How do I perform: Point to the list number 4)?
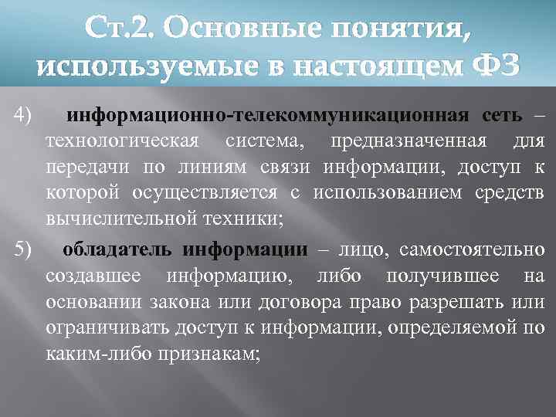coord(23,116)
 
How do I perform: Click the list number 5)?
coord(23,249)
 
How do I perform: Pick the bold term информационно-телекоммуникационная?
coord(268,116)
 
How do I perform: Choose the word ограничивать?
coord(114,327)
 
